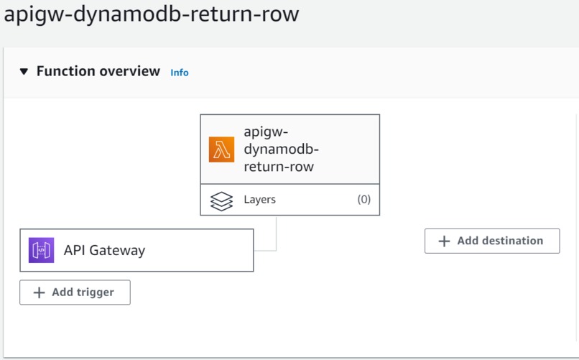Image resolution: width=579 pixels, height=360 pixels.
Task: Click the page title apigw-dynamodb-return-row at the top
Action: (151, 15)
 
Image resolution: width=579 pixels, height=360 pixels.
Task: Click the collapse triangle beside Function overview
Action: (24, 72)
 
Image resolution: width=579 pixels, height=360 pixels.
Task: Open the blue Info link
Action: (180, 73)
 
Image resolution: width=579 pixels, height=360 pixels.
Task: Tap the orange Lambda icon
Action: (221, 149)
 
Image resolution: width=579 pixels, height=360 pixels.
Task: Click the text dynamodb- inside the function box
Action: (281, 149)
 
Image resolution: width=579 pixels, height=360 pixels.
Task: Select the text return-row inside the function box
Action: (279, 167)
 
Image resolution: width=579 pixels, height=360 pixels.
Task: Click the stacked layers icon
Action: (221, 200)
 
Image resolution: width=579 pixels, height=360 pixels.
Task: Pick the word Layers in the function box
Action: (259, 200)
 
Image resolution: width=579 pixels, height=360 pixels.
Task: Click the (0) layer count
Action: (363, 200)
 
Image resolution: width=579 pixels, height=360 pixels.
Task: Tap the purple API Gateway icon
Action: (41, 250)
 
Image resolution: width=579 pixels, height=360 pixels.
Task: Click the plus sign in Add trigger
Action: (38, 293)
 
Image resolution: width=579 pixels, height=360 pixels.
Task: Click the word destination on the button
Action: (513, 241)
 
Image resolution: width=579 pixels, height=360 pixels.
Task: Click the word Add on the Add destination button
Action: (468, 241)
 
